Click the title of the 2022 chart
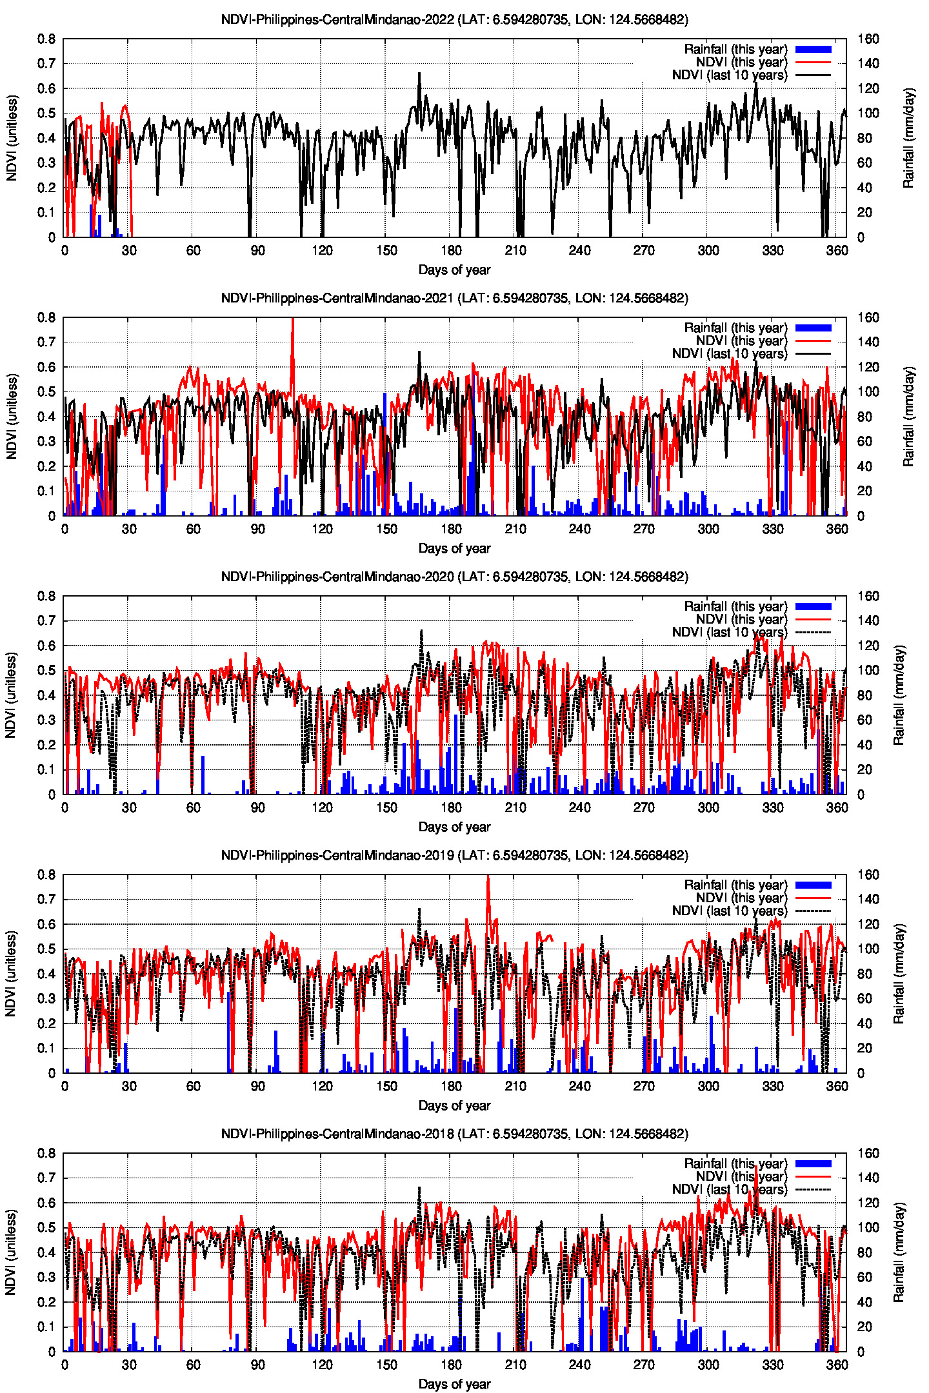coord(454,19)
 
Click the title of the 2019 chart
coord(454,855)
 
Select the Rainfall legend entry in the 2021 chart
coord(735,328)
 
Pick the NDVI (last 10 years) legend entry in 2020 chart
coord(729,632)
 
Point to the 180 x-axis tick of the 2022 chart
coord(451,251)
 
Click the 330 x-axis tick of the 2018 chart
coord(772,1365)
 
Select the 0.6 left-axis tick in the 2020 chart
coord(46,646)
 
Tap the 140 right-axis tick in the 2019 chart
coord(868,899)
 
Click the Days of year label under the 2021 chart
coord(454,548)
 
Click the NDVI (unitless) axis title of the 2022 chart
coord(12,138)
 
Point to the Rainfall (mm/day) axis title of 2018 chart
coord(899,1252)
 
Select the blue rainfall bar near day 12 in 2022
coord(91,221)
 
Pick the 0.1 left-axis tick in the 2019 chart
coord(46,1049)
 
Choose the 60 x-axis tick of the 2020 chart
coord(193,808)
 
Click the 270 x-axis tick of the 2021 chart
coord(644,529)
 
